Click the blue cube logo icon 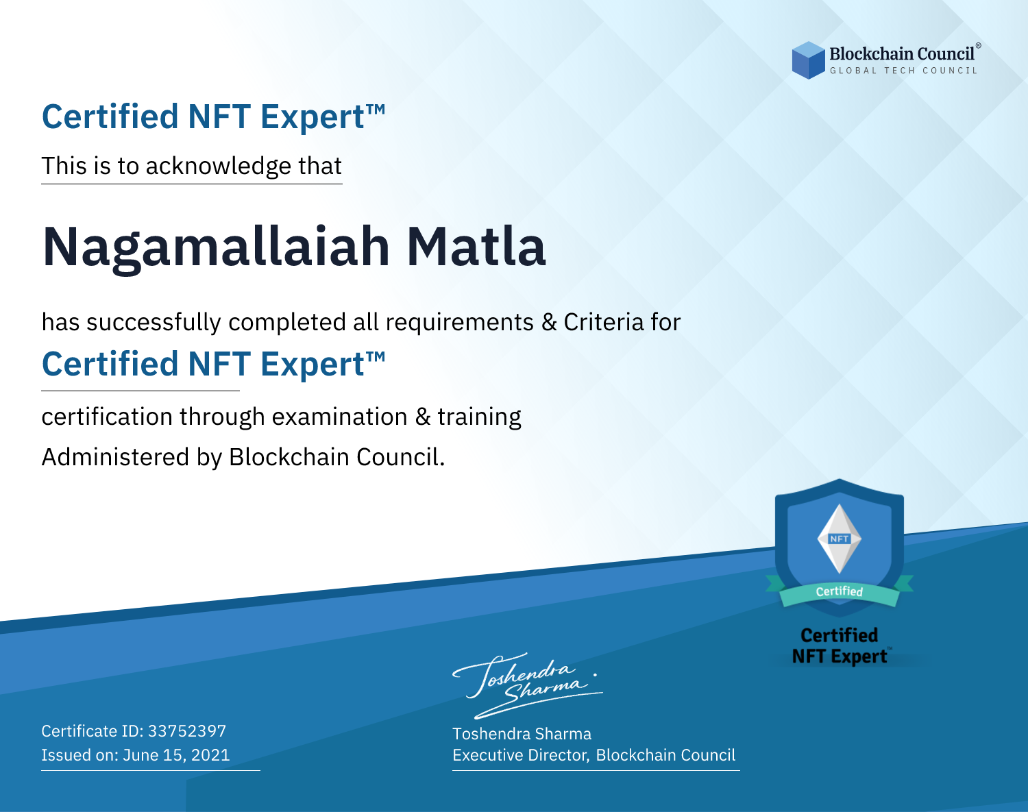pos(808,60)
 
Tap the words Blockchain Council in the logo pos(902,54)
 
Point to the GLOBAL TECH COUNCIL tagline pos(904,71)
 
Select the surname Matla pos(476,247)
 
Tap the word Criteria pos(603,322)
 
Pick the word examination pos(339,417)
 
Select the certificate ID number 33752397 pos(187,730)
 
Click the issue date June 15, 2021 pos(176,755)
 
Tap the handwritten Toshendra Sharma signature pos(528,685)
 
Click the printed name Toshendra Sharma pos(522,734)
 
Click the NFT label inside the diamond pos(840,539)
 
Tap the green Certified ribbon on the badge pos(840,592)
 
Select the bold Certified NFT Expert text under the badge pos(840,646)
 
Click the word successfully pos(154,323)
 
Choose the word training pos(480,417)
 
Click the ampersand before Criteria pos(550,322)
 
